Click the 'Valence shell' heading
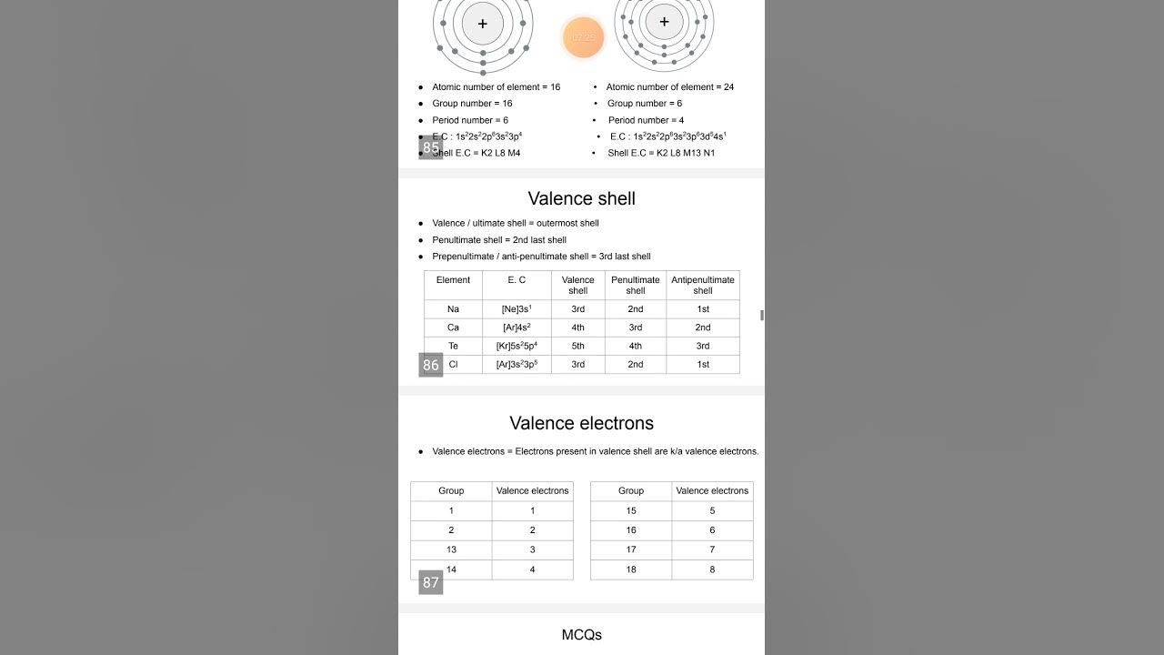pos(581,198)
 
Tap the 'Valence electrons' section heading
pos(581,423)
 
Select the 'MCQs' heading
pos(581,635)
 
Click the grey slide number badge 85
pos(430,147)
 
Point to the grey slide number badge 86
pos(430,365)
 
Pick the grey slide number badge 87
pos(430,582)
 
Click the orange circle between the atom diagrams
pos(582,38)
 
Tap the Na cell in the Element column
pos(453,309)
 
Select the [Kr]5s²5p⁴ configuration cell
pos(517,346)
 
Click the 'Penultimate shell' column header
pos(635,285)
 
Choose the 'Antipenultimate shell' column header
pos(702,285)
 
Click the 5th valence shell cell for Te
pos(577,346)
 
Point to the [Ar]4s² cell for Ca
pos(517,327)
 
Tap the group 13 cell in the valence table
pos(451,549)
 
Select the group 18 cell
pos(631,569)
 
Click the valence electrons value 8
pos(712,569)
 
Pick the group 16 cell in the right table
pos(631,530)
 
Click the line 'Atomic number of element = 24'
pos(670,87)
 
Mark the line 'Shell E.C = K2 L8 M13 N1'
pos(661,153)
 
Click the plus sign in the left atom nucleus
pos(482,24)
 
